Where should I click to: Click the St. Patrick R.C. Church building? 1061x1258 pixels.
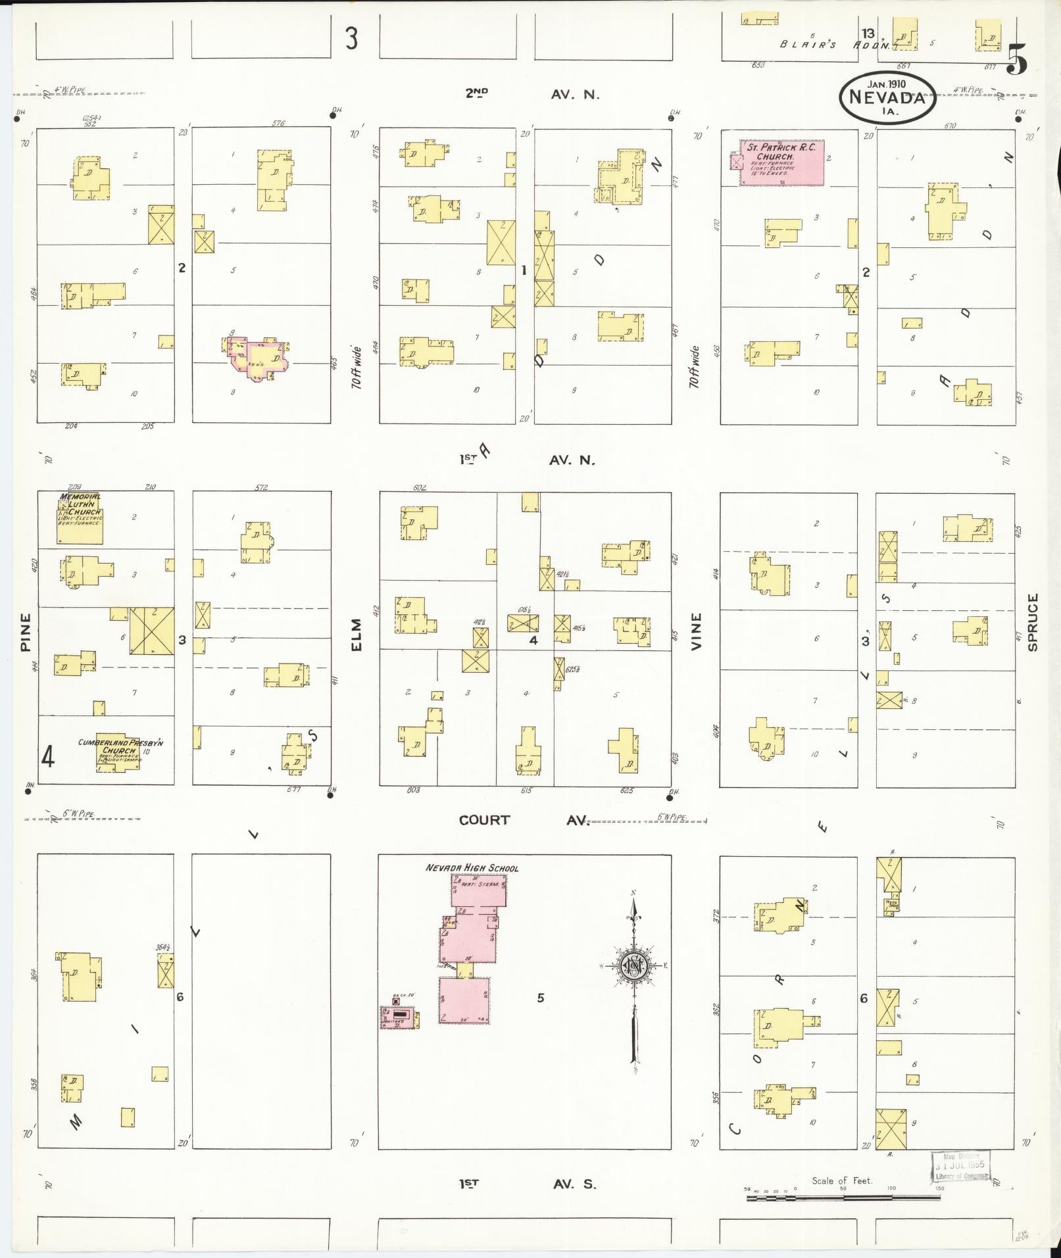781,162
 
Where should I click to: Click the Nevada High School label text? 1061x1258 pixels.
472,868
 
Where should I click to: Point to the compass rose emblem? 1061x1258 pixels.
634,965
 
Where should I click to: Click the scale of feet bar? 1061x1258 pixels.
843,1198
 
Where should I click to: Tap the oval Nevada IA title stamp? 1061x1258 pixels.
887,97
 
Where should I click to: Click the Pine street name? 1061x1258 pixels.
26,632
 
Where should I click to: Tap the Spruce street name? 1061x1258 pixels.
1032,622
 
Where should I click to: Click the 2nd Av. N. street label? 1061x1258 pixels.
532,94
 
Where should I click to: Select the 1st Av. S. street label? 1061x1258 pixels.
528,1184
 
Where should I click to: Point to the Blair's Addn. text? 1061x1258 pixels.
835,45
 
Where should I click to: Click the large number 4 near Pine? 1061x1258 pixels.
48,758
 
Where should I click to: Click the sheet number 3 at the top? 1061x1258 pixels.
352,39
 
